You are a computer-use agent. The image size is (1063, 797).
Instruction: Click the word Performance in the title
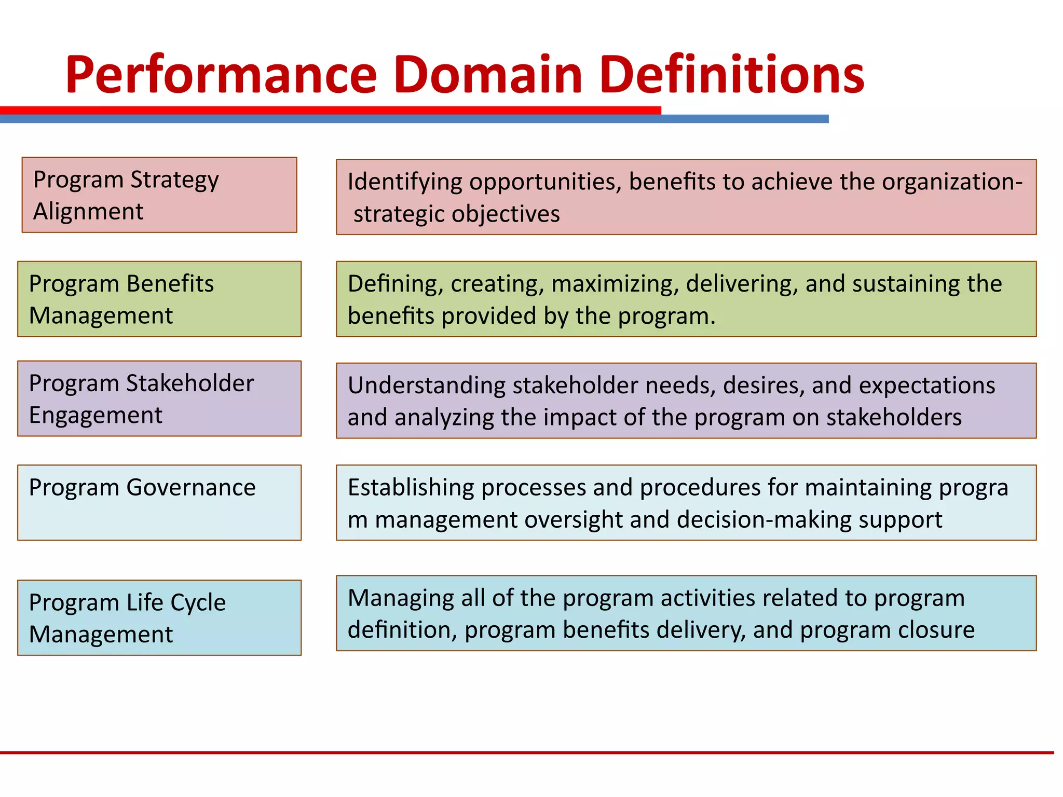[x=221, y=75]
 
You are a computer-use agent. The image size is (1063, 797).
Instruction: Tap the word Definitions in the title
[x=732, y=75]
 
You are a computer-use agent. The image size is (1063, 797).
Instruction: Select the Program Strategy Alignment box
[x=159, y=195]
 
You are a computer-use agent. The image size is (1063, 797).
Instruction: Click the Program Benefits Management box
[x=159, y=299]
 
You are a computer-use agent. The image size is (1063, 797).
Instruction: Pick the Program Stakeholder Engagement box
[x=159, y=399]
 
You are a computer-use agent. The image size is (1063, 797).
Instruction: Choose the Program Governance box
[x=159, y=502]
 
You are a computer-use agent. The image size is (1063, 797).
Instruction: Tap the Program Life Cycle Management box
[x=159, y=618]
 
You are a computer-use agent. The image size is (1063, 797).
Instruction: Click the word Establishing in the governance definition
[x=411, y=488]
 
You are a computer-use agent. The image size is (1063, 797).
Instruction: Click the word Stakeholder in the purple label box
[x=190, y=384]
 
